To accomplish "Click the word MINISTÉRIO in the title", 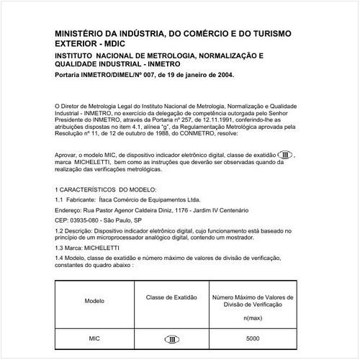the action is (x=81, y=32).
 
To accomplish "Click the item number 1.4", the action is (x=60, y=257).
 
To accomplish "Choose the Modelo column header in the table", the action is (x=94, y=300).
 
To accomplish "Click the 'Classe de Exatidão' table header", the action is (x=171, y=296).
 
